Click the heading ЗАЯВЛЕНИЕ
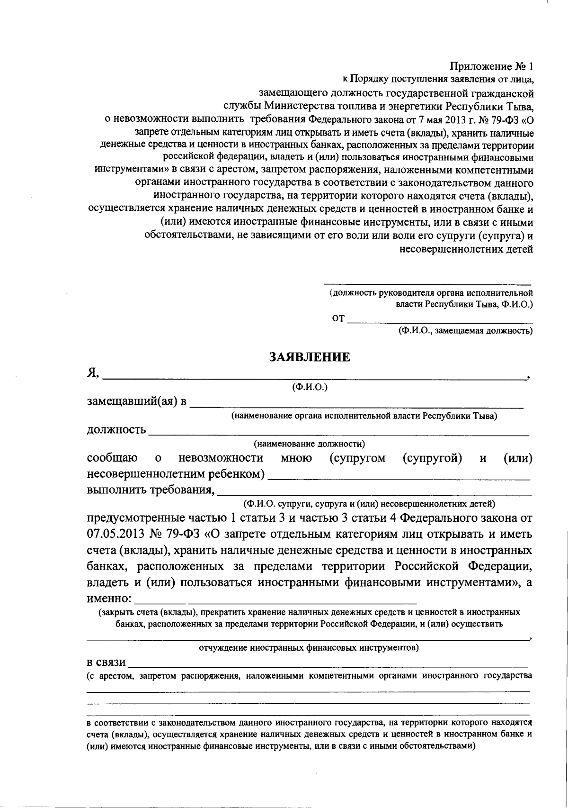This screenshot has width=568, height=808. tap(310, 357)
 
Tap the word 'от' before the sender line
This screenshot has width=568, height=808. tap(338, 318)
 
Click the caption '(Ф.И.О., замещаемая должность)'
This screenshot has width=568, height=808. tap(465, 331)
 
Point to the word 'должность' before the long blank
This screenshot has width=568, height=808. tap(116, 430)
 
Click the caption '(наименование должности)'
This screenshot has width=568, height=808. tap(309, 444)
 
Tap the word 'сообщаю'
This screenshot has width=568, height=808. tap(113, 458)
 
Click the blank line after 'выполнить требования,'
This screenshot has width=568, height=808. tap(374, 494)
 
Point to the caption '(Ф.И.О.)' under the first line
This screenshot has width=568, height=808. tap(310, 387)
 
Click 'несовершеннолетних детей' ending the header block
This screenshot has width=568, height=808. tap(466, 249)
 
